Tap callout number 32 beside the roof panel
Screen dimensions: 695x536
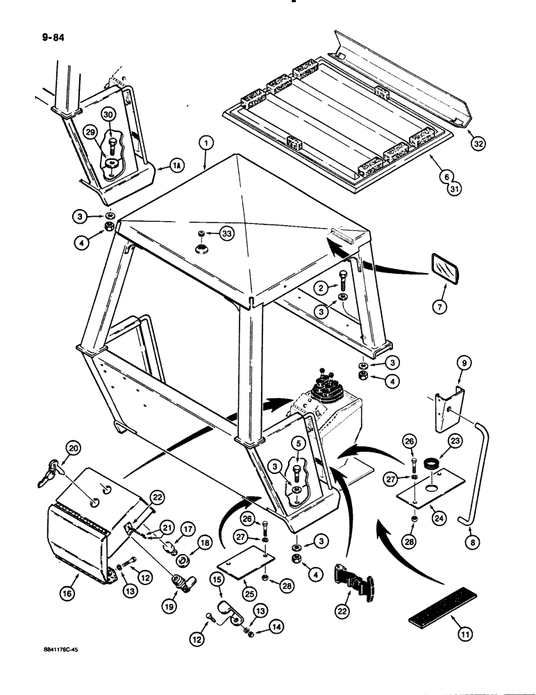(476, 144)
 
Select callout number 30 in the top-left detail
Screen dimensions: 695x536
(108, 114)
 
